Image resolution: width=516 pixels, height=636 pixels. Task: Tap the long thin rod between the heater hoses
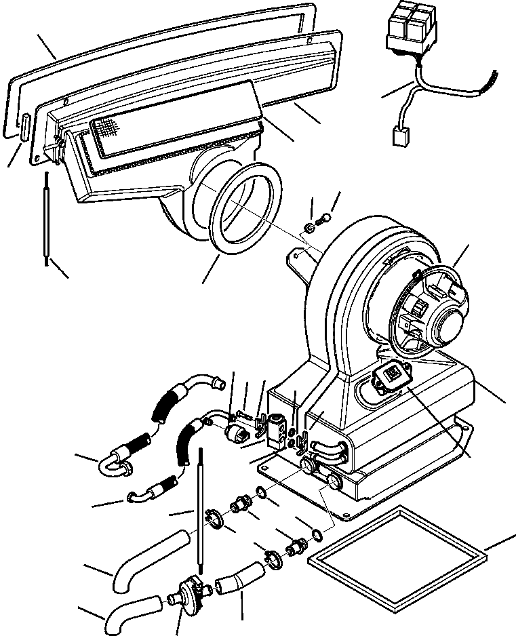[x=201, y=509]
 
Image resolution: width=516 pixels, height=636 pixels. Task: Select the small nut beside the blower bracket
[x=309, y=227]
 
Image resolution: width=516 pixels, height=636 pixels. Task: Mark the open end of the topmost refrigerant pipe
[x=220, y=384]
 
